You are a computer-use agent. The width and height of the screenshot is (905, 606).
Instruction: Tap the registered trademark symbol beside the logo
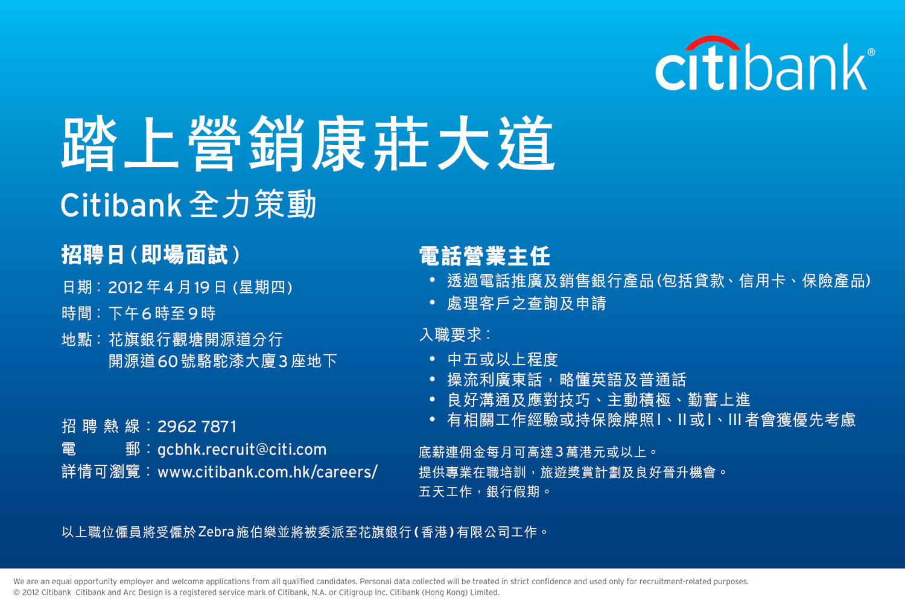pyautogui.click(x=871, y=52)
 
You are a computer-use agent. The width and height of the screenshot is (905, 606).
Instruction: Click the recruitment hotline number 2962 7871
pyautogui.click(x=197, y=427)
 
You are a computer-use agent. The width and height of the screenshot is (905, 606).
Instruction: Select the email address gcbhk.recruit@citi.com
pyautogui.click(x=242, y=450)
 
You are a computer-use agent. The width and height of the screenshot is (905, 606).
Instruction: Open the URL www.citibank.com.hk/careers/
pyautogui.click(x=267, y=472)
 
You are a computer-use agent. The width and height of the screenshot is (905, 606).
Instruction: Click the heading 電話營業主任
pyautogui.click(x=484, y=256)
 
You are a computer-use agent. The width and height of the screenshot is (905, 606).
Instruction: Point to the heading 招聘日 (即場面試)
pyautogui.click(x=151, y=255)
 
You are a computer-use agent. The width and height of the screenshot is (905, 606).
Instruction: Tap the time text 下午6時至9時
pyautogui.click(x=162, y=313)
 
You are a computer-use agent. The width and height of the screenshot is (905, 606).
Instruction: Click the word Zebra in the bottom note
pyautogui.click(x=216, y=532)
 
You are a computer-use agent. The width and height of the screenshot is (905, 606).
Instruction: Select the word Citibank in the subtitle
pyautogui.click(x=121, y=205)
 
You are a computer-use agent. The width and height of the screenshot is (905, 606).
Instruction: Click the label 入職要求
pyautogui.click(x=451, y=335)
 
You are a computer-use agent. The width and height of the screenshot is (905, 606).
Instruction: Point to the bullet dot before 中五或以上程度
pyautogui.click(x=433, y=359)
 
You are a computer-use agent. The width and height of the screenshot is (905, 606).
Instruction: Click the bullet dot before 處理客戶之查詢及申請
pyautogui.click(x=433, y=302)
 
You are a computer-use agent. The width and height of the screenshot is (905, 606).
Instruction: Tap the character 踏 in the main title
pyautogui.click(x=89, y=143)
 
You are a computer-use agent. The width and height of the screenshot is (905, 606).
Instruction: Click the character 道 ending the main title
pyautogui.click(x=527, y=143)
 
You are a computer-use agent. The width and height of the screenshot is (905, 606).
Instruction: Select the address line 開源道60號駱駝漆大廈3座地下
pyautogui.click(x=223, y=361)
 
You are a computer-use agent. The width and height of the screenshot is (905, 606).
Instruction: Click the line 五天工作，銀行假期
pyautogui.click(x=479, y=491)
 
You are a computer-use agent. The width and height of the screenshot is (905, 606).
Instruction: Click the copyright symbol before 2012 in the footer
pyautogui.click(x=16, y=592)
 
